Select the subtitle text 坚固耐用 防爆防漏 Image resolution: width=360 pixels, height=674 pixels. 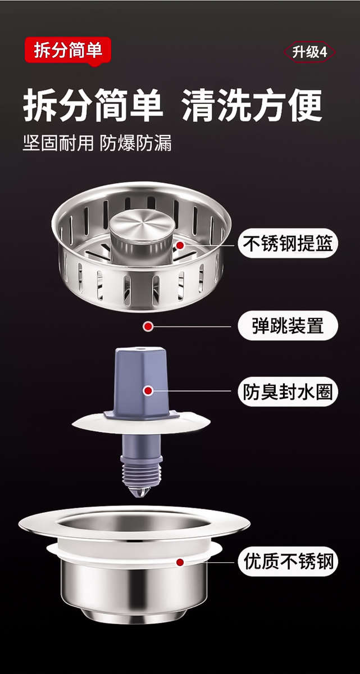(97, 143)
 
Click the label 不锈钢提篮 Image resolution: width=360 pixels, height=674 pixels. (288, 244)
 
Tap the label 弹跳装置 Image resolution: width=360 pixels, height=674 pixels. (288, 326)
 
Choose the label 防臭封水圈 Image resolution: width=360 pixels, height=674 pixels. (288, 391)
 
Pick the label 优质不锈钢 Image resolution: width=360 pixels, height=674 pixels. (288, 561)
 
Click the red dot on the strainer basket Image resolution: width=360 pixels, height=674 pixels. (180, 245)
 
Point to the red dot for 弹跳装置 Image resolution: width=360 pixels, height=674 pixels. (148, 326)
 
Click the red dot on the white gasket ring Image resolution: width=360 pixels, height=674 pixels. (180, 561)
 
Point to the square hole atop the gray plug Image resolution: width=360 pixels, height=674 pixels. (140, 353)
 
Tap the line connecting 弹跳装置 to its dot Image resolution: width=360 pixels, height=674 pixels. (191, 326)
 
